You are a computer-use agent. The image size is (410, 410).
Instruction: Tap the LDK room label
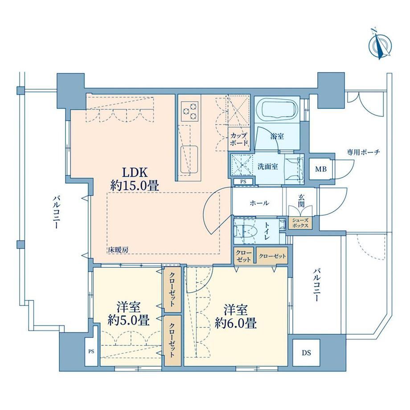coord(136,172)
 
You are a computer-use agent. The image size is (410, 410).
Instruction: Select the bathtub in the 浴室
coord(277,110)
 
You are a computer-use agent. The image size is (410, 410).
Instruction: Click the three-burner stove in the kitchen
coord(189,111)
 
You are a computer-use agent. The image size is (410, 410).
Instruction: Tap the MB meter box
coord(321,169)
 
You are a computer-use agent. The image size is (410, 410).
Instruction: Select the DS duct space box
coord(306,353)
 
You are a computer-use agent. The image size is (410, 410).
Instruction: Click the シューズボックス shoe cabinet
coord(300,223)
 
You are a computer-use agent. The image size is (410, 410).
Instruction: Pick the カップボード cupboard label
coord(239,139)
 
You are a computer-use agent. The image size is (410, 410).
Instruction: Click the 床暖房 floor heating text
coord(118,250)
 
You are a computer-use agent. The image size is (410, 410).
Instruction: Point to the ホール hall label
coord(259,203)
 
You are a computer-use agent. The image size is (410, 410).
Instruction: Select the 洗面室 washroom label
coord(268,167)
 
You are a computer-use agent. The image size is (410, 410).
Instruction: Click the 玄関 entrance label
coord(301,201)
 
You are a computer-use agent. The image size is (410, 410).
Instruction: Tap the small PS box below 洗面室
coord(243,181)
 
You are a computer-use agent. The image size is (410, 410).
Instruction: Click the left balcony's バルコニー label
coord(57,212)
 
